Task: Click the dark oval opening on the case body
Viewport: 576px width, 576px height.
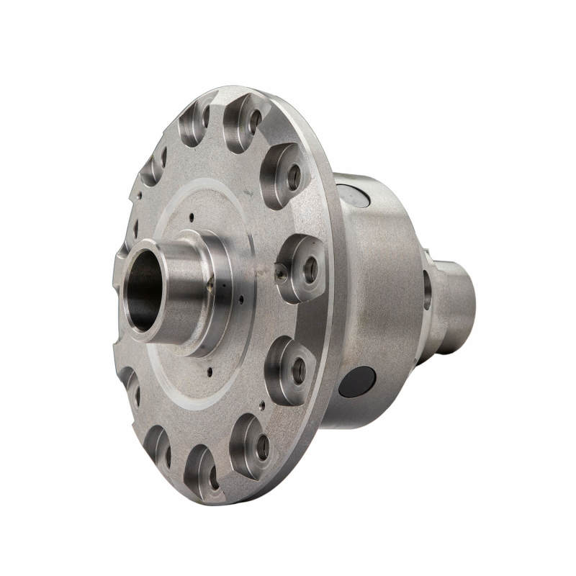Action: pos(357,382)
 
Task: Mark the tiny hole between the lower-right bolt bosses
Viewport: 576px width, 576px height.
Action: pos(261,405)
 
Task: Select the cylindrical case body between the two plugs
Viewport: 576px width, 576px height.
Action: pos(382,288)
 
